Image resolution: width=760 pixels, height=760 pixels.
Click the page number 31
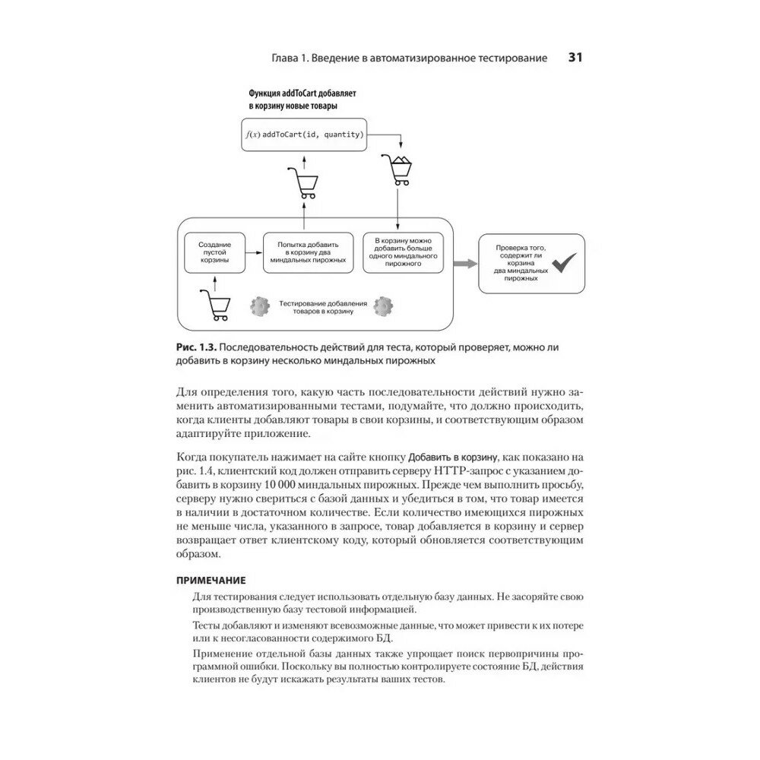[575, 58]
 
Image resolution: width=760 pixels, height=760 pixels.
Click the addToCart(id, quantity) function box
[304, 135]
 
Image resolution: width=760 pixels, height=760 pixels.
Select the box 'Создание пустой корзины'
[215, 252]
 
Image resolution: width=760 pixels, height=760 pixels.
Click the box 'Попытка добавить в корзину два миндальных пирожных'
[308, 252]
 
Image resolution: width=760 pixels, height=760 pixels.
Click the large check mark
[565, 263]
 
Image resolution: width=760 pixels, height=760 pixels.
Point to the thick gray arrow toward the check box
[464, 263]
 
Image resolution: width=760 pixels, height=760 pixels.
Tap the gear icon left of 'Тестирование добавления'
[260, 307]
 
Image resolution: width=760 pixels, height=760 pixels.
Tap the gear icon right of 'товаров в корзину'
[384, 307]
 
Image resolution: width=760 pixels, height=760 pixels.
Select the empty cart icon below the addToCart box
[302, 182]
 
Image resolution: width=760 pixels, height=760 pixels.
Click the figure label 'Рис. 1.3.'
[195, 347]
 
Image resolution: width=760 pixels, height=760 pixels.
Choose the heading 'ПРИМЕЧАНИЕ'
[211, 580]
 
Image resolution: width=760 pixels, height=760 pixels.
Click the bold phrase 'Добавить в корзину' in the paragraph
[453, 457]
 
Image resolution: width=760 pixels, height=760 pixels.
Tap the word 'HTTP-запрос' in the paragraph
[449, 471]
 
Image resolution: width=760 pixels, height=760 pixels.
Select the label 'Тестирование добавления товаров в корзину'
[322, 308]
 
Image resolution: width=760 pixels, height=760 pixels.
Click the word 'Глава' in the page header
[287, 59]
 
